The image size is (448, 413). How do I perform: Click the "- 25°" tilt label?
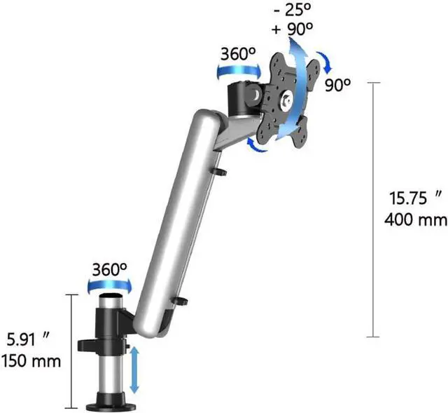pos(292,10)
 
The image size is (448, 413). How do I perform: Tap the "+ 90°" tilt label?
pos(293,29)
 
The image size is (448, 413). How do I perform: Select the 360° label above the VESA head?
pos(238,53)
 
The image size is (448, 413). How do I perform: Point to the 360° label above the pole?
pos(110,269)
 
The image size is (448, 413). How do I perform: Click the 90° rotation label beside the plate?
pos(337,85)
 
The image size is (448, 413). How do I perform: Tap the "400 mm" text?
pos(416,219)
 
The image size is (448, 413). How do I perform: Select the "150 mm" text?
pos(31,361)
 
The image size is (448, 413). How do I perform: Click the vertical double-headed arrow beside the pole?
pos(134,370)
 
